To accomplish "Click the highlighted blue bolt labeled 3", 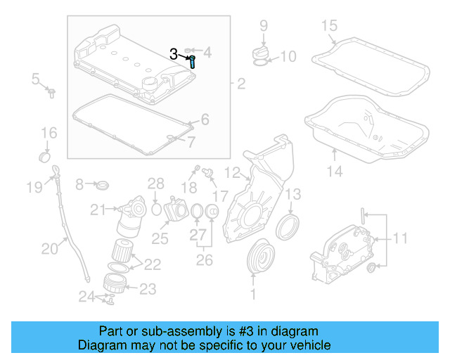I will pos(193,61).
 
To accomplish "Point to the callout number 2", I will pos(241,85).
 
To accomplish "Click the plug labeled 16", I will pos(45,155).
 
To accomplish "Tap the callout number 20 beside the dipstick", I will pos(50,247).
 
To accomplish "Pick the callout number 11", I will pos(399,238).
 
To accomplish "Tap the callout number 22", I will pos(153,264).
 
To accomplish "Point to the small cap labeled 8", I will pos(103,186).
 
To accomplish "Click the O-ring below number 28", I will pos(156,208).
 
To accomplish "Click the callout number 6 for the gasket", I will pos(204,120).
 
